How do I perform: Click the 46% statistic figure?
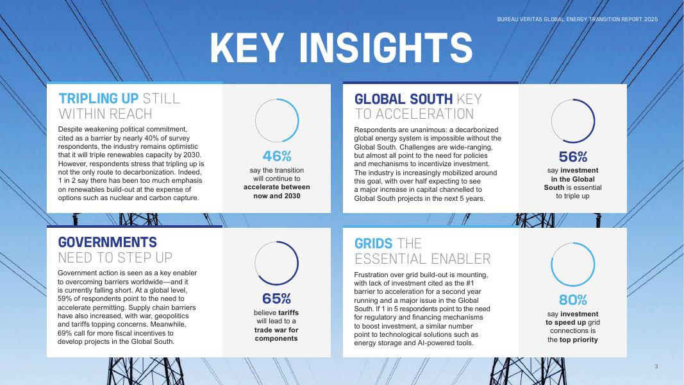[x=276, y=156]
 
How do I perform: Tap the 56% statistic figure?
[x=572, y=157]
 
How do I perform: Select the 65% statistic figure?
[x=276, y=298]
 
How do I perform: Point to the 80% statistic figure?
[x=572, y=300]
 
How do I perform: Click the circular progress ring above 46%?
[x=299, y=121]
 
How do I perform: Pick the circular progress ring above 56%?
[x=595, y=121]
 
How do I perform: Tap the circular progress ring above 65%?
[x=298, y=263]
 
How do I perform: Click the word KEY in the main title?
[x=247, y=47]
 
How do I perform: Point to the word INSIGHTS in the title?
[x=386, y=47]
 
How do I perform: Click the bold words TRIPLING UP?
[x=98, y=99]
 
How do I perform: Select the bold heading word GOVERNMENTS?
[x=107, y=243]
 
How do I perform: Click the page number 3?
[x=656, y=366]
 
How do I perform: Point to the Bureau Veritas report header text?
[x=578, y=19]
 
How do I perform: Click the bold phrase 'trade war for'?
[x=276, y=330]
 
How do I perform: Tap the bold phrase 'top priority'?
[x=578, y=339]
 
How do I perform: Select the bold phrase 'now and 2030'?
[x=276, y=196]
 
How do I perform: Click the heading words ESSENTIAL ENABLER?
[x=422, y=259]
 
